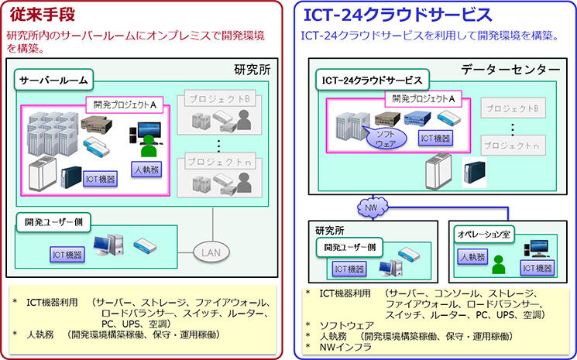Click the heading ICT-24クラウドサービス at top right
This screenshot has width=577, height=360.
click(x=397, y=15)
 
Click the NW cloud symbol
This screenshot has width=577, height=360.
click(x=372, y=207)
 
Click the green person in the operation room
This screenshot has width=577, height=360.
click(x=498, y=267)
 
